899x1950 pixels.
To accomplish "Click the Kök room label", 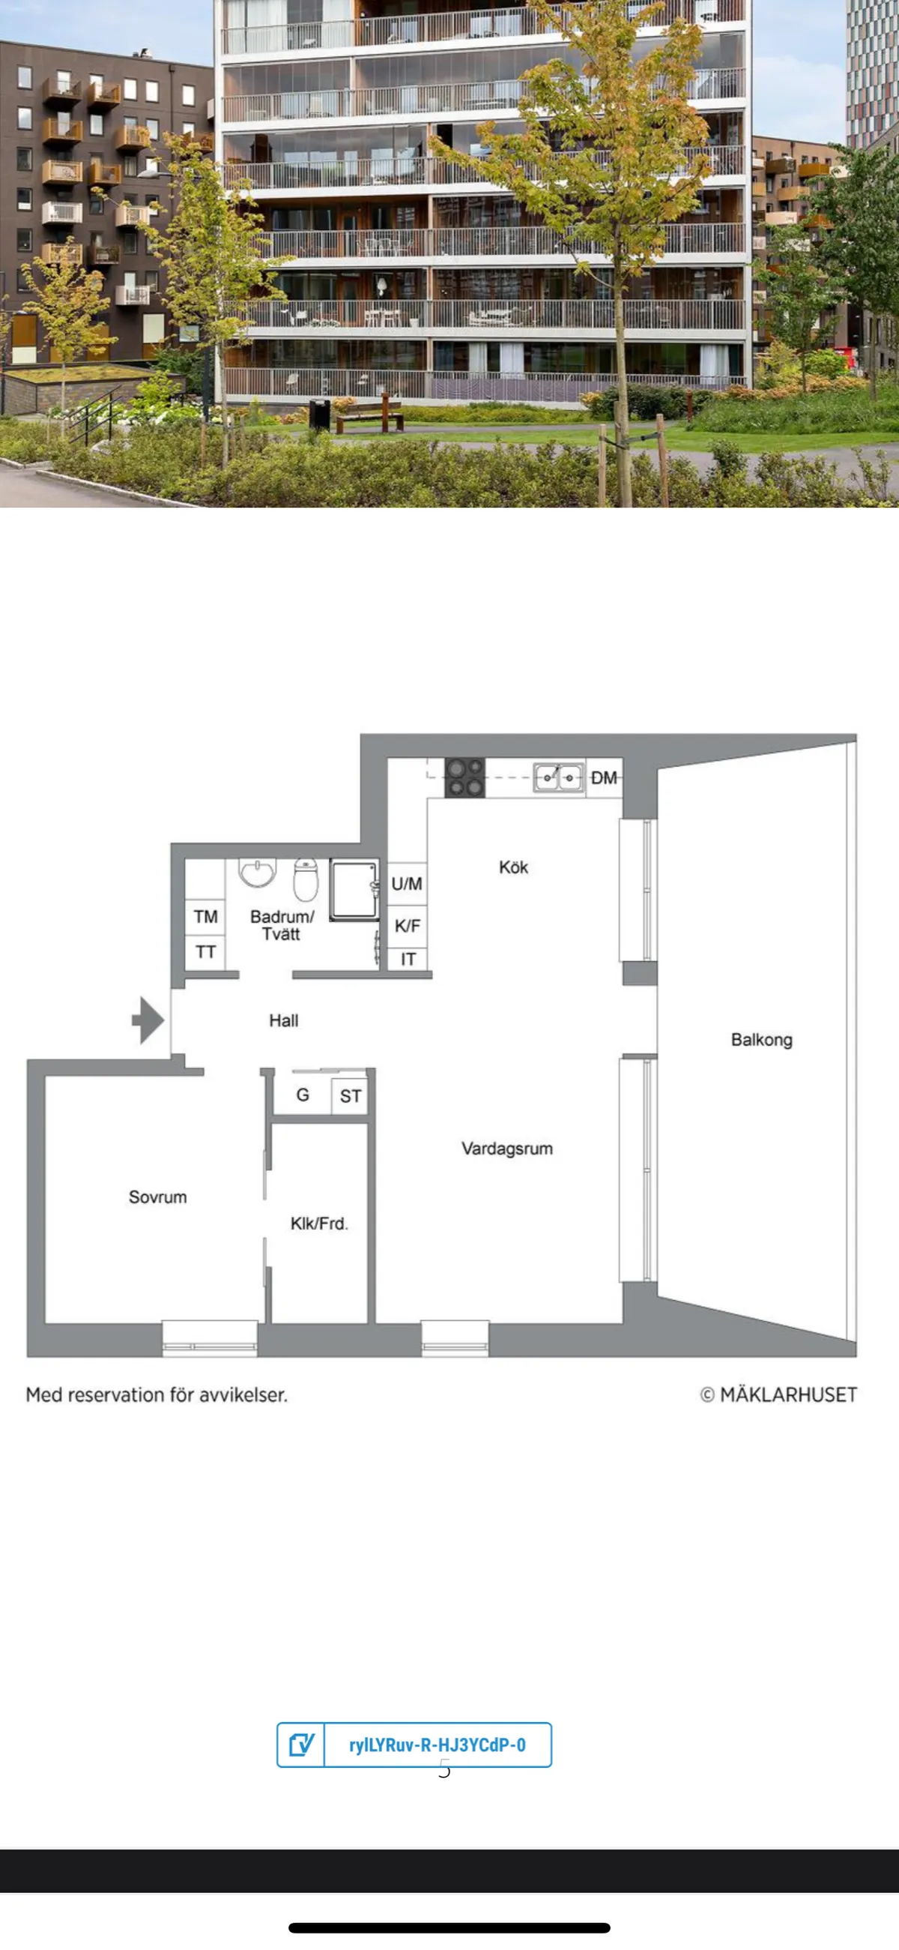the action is tap(513, 867).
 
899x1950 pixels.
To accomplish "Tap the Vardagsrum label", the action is tap(507, 1149).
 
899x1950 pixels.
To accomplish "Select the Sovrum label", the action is tap(157, 1197).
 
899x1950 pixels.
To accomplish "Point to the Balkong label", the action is tap(761, 1039).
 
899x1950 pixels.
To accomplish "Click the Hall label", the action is tap(284, 1020).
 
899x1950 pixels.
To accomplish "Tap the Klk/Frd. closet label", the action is tap(319, 1224).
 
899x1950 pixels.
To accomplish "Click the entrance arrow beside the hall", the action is tap(148, 1020).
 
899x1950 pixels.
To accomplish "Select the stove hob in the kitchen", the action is tap(464, 777).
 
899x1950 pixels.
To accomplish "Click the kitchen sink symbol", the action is tap(558, 777).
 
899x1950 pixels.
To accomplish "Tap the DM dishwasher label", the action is tap(604, 777).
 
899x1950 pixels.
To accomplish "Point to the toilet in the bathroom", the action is tap(306, 879).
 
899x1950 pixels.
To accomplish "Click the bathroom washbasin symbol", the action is tap(258, 872).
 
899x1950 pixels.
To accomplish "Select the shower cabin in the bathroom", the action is tap(354, 889).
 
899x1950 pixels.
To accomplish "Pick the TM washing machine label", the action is tap(206, 917).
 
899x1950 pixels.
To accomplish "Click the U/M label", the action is tap(407, 883).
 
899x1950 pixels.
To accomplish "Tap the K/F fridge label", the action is tap(407, 925).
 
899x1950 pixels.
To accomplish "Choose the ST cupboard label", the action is tap(351, 1095).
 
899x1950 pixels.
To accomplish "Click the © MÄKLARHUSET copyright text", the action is tap(778, 1394).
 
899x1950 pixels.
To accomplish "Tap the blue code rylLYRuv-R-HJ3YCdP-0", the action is tap(438, 1745).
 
